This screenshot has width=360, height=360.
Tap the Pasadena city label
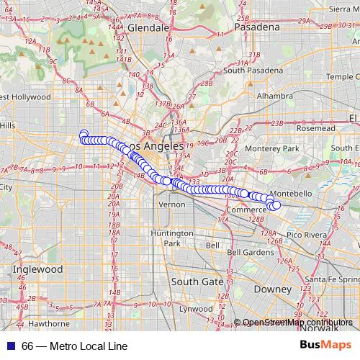pyautogui.click(x=255, y=27)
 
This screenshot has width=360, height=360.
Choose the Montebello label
pyautogui.click(x=290, y=194)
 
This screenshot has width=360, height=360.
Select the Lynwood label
pyautogui.click(x=196, y=309)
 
